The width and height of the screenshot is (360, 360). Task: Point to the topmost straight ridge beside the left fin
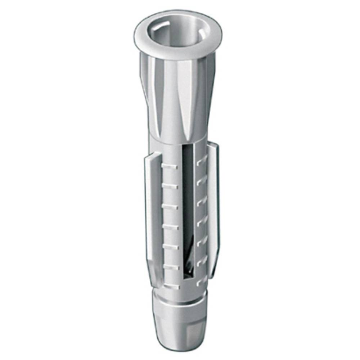point(170,166)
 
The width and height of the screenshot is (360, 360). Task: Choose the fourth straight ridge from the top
point(170,226)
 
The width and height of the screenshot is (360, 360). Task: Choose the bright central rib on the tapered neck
point(179,104)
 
